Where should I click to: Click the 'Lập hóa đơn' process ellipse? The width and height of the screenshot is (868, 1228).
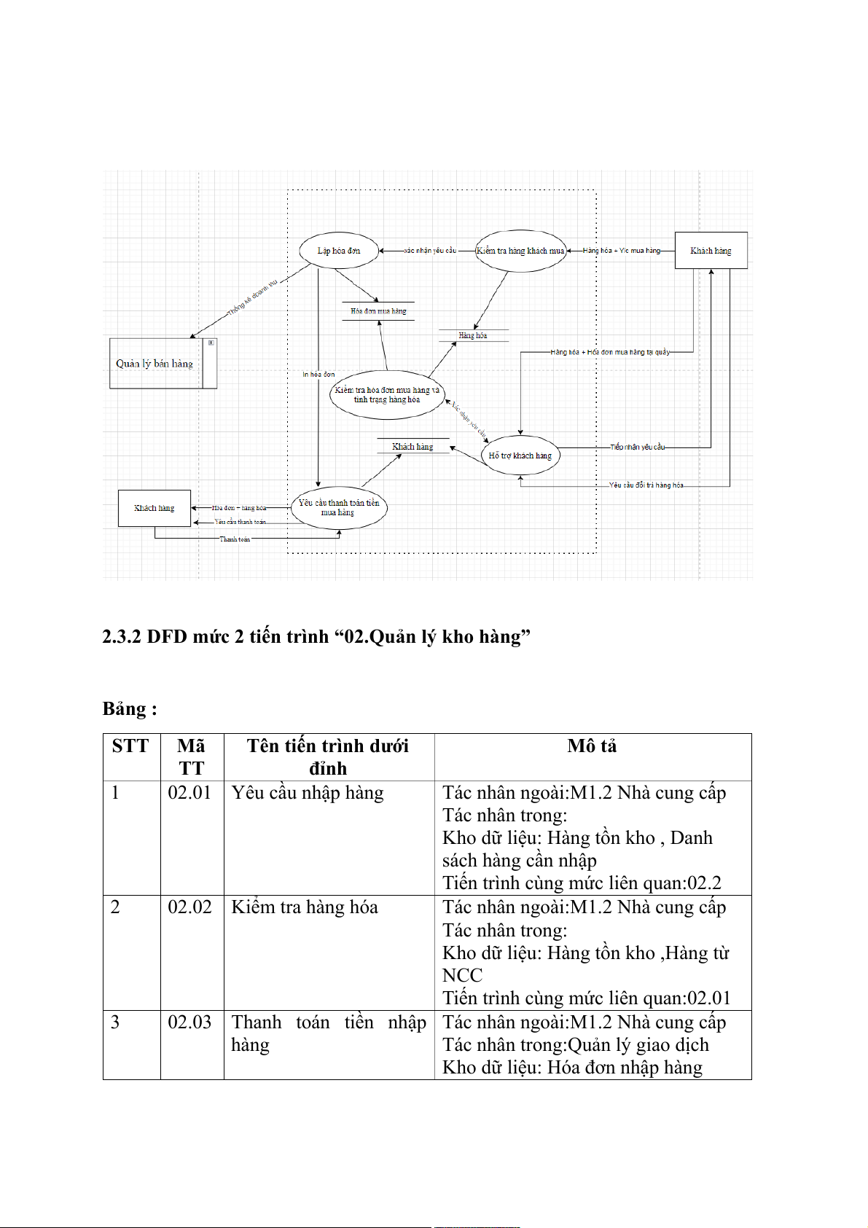pos(339,251)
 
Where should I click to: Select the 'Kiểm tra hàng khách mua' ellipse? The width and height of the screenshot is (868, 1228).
pos(520,251)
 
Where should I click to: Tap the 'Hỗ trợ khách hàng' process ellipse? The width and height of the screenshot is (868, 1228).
pos(520,455)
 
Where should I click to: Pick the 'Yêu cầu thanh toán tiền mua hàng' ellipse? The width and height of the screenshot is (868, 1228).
pos(339,507)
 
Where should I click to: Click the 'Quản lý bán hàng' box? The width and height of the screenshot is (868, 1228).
pos(155,364)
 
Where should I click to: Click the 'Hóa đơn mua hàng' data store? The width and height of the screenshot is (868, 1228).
pos(378,311)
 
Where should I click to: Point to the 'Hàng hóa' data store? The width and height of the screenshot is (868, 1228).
pos(473,335)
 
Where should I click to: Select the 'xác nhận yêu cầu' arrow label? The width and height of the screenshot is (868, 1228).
pos(430,251)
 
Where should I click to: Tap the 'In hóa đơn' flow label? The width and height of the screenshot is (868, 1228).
pos(318,375)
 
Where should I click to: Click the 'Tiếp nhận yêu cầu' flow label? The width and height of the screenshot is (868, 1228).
pos(637,447)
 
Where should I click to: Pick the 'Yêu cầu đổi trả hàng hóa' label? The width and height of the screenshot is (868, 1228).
pos(646,485)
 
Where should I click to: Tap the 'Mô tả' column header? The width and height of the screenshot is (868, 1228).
pos(592,746)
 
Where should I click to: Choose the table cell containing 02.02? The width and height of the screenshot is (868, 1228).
pos(189,907)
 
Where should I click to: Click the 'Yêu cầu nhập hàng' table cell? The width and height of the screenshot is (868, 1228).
pos(308,793)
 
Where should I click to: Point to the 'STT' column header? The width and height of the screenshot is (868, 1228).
pos(130,746)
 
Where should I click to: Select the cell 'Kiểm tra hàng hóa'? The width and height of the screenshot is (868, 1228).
pos(305,907)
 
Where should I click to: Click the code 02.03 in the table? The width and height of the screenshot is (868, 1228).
pos(189,1022)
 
